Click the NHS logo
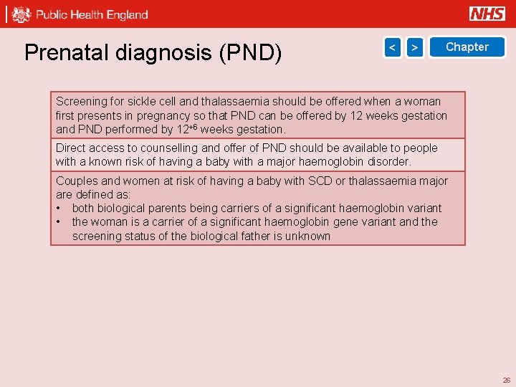click(x=487, y=14)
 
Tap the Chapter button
click(x=467, y=47)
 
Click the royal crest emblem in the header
click(x=21, y=14)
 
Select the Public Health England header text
click(x=92, y=14)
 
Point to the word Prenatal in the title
click(x=63, y=52)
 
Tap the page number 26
click(x=506, y=380)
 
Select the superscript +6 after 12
click(x=192, y=127)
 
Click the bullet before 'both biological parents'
click(x=59, y=209)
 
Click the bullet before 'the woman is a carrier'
click(x=59, y=222)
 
